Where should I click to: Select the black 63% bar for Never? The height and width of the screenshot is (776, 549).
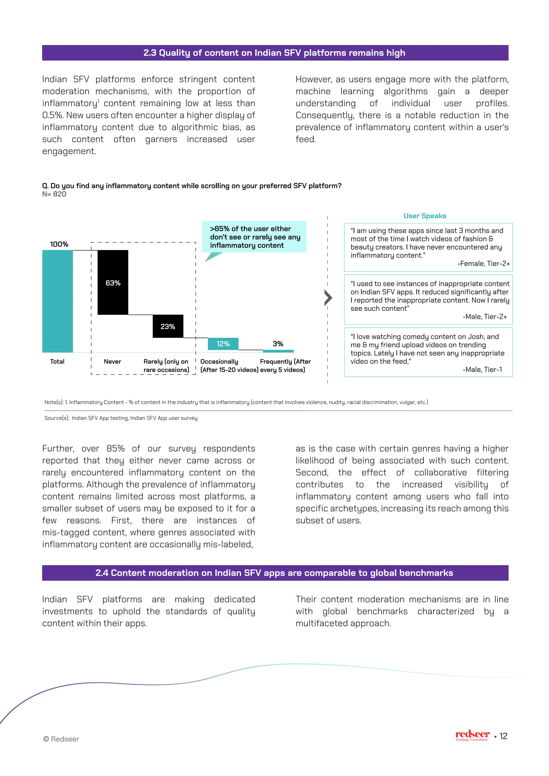(x=113, y=282)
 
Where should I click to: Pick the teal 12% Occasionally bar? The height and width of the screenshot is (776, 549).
(x=223, y=344)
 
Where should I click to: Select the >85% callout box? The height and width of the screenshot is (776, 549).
(x=254, y=237)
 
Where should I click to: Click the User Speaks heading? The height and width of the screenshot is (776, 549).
(x=425, y=216)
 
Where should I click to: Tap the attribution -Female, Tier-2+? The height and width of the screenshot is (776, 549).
(x=483, y=264)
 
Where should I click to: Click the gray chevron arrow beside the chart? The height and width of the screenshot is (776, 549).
(x=328, y=298)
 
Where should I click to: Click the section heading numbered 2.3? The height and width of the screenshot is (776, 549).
(x=274, y=53)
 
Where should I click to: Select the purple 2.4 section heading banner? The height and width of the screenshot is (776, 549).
(x=274, y=573)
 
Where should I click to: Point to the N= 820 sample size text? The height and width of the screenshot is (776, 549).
(x=54, y=194)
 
